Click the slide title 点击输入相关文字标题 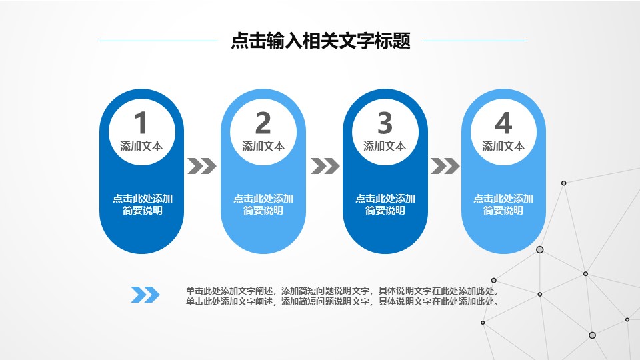coord(320,41)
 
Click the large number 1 coord(141,123)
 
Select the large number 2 coord(263,123)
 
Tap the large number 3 coord(385,123)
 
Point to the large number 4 coord(503,123)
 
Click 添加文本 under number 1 coord(141,147)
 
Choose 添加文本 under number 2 coord(263,147)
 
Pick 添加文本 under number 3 coord(385,147)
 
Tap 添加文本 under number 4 coord(503,147)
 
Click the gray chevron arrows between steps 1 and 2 coord(202,165)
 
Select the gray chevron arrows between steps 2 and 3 coord(325,165)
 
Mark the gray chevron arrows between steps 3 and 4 coord(445,165)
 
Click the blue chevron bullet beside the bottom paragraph coord(145,294)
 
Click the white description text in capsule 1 coord(143,205)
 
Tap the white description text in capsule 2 coord(263,205)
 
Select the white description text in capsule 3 coord(385,205)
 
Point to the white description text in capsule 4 coord(503,205)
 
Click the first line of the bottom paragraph coord(343,291)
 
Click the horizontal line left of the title coord(158,41)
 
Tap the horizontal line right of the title coord(475,41)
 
